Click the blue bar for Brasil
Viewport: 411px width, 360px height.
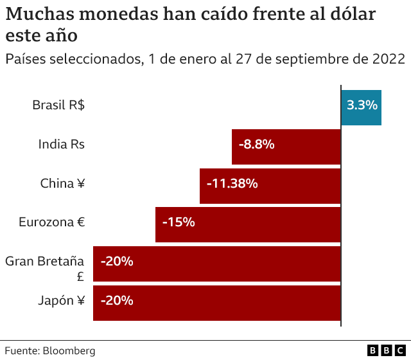361,107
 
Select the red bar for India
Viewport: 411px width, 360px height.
286,147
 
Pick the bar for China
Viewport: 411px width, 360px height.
270,186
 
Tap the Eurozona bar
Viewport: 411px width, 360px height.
248,225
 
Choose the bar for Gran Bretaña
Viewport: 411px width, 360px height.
217,264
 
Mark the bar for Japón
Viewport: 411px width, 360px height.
217,303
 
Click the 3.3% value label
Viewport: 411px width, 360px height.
362,105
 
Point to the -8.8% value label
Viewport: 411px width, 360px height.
256,145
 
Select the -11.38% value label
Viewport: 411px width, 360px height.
232,184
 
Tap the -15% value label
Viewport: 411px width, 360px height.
179,223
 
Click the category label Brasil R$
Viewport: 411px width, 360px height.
58,105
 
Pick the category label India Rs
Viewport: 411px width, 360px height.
62,144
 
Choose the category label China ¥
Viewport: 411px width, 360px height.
62,183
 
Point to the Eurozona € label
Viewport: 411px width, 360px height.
52,222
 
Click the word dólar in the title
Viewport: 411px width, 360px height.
353,15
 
